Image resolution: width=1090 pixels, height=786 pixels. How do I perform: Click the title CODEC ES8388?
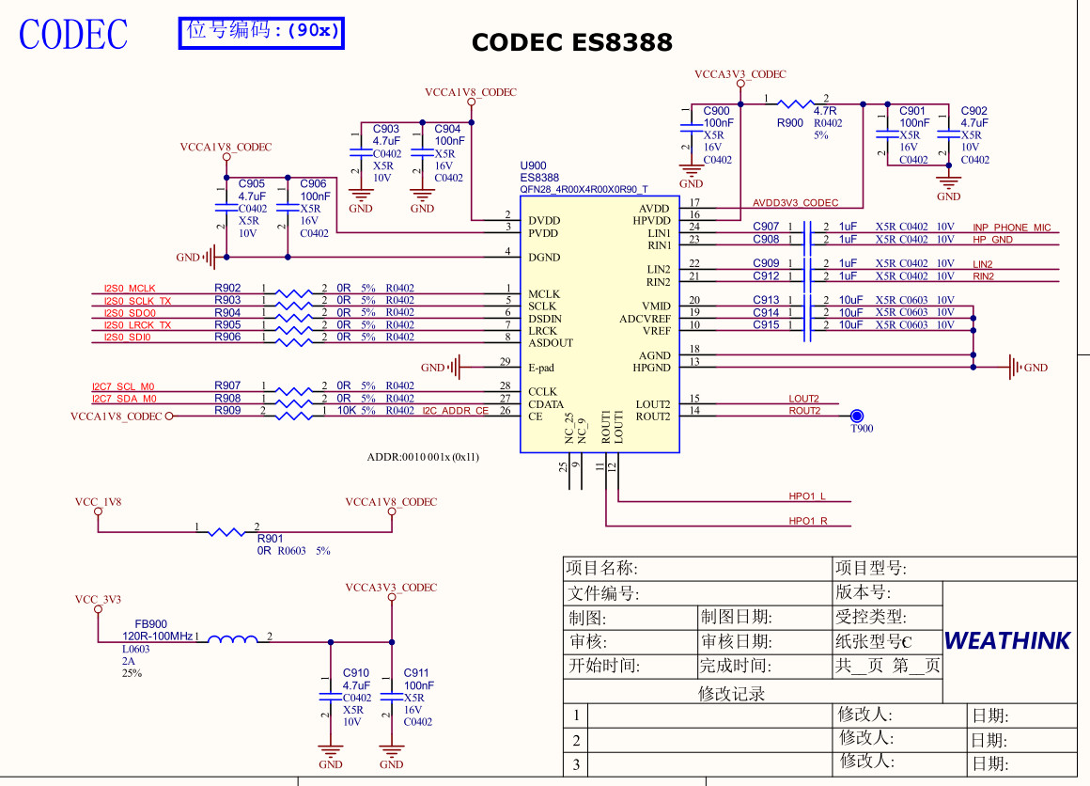coord(571,42)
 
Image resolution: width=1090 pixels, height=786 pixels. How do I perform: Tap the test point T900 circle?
coord(857,417)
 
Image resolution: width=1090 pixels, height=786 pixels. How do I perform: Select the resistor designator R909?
coord(227,411)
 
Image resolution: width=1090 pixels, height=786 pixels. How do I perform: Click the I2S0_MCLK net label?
coord(130,289)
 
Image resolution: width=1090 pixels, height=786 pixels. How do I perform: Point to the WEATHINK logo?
coord(1006,641)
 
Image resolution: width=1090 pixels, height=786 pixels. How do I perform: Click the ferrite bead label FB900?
coord(150,624)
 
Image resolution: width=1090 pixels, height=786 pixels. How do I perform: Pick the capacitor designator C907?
coord(766,227)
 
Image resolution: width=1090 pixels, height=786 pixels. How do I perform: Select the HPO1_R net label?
coord(808,521)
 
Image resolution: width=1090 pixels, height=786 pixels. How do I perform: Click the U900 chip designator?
coord(533,166)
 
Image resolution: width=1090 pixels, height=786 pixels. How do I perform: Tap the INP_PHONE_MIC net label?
coord(1011,228)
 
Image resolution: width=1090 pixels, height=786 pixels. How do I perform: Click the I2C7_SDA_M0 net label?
coord(123,399)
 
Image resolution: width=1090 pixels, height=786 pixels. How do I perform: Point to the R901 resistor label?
coord(270,539)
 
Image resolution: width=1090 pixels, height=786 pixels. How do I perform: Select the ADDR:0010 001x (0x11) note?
coord(423,458)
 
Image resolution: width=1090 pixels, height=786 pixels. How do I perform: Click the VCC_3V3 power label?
coord(98,600)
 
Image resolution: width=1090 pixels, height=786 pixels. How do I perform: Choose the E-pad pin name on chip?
coord(541,368)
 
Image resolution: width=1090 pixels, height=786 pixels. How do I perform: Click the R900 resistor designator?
coord(789,123)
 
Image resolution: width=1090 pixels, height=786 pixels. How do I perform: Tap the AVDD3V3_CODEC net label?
coord(795,203)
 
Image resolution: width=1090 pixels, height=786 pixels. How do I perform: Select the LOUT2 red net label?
coord(803,399)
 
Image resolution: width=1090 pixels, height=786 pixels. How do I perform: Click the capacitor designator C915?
coord(766,325)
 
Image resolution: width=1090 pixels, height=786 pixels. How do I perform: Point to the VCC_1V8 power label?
coord(98,502)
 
